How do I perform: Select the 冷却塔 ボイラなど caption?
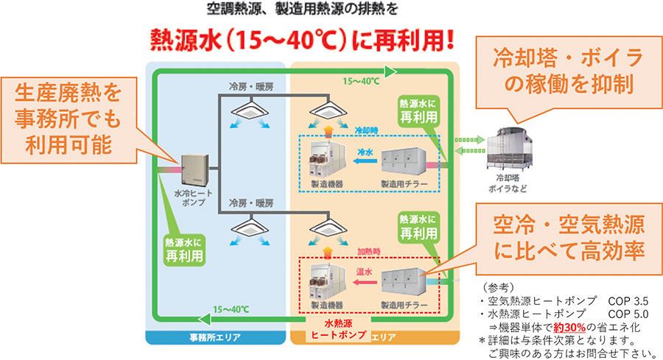coord(516,183)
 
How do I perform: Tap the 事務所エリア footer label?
coord(215,338)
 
